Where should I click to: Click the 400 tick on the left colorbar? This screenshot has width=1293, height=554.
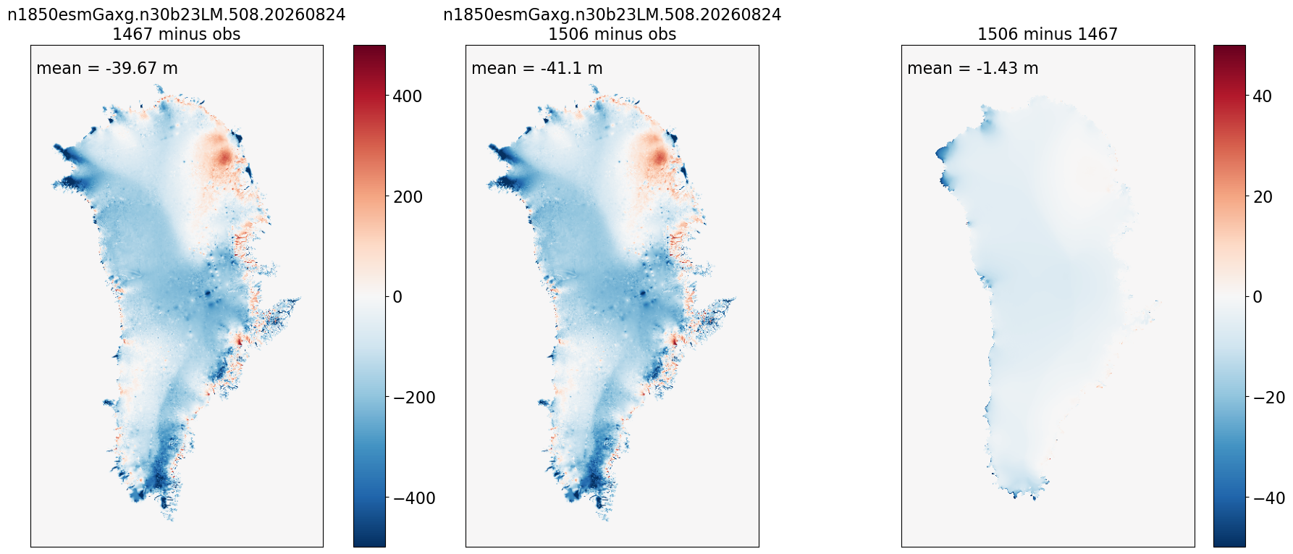click(x=408, y=96)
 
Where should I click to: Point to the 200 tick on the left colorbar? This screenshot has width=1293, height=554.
click(x=408, y=196)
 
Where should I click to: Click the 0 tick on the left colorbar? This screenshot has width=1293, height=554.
click(x=397, y=297)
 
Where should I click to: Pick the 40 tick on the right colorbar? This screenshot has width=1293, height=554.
click(x=1262, y=96)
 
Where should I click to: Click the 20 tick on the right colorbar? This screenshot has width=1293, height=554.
click(x=1262, y=196)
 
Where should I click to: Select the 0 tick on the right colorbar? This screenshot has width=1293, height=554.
click(x=1257, y=297)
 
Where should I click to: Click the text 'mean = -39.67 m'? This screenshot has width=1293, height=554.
click(x=107, y=68)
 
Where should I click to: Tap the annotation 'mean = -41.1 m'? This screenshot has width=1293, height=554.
click(x=537, y=68)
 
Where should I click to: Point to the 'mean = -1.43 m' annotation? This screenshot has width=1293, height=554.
click(x=973, y=68)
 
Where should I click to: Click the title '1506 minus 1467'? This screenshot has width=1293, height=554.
click(x=1048, y=34)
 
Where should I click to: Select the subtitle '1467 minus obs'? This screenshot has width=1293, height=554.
click(x=177, y=34)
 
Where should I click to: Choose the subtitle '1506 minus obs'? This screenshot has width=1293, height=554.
click(x=612, y=34)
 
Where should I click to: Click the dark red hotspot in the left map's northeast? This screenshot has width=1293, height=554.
click(x=223, y=156)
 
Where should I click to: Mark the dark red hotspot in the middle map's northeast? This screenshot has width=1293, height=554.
click(x=659, y=157)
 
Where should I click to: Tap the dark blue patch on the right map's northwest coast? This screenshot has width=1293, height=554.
click(x=943, y=153)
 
